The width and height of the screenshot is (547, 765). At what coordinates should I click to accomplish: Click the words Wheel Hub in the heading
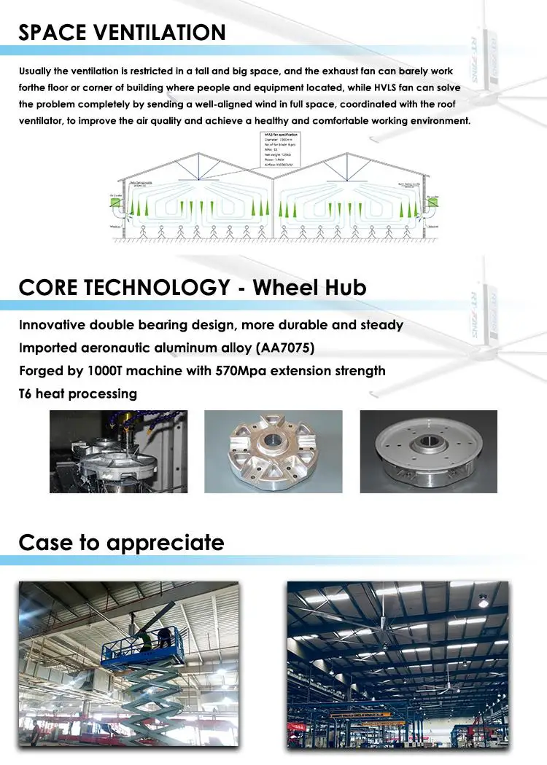tap(309, 287)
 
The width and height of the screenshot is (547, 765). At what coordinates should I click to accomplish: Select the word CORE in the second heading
tap(47, 287)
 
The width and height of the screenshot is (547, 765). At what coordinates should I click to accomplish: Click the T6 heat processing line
tap(78, 393)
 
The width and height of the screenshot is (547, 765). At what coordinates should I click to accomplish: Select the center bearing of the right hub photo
tap(428, 443)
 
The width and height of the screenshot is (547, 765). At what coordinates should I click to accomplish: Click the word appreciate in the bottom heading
tap(165, 543)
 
